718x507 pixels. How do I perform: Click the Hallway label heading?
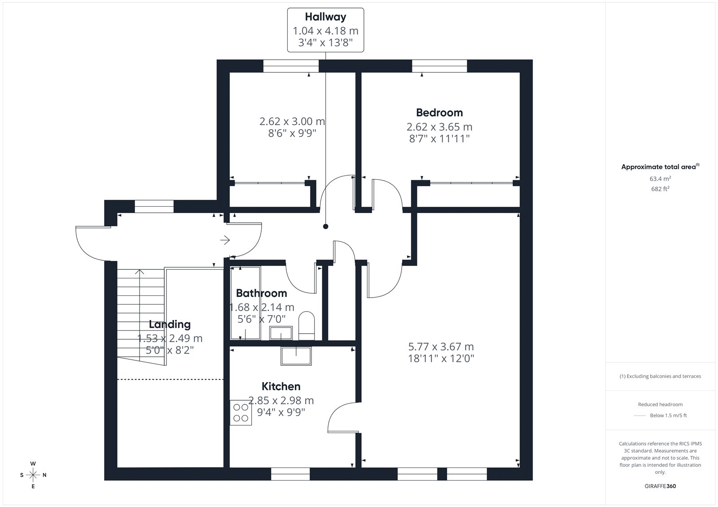[x=325, y=17]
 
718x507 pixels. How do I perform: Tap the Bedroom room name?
[x=439, y=113]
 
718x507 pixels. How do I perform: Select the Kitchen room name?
[x=281, y=386]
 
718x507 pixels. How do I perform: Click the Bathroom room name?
[x=261, y=293]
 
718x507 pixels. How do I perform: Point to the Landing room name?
[x=170, y=325]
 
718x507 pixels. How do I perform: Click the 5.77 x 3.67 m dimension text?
[x=441, y=347]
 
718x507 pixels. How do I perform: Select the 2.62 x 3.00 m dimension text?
[x=292, y=121]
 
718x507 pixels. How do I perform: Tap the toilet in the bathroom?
[x=306, y=326]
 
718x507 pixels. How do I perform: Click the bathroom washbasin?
[x=281, y=333]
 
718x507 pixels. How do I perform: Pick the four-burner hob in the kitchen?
[x=241, y=413]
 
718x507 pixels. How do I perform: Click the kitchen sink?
[x=296, y=356]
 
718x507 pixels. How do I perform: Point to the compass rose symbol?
[x=33, y=475]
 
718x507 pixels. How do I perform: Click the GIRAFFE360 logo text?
[x=660, y=486]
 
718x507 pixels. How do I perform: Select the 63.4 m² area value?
[x=660, y=178]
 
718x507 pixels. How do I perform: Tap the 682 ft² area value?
[x=660, y=189]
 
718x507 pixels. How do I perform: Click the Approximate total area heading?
[x=660, y=167]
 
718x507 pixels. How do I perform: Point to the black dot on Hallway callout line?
[x=326, y=226]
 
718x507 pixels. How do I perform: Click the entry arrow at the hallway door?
[x=225, y=240]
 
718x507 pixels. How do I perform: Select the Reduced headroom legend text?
[x=660, y=404]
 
